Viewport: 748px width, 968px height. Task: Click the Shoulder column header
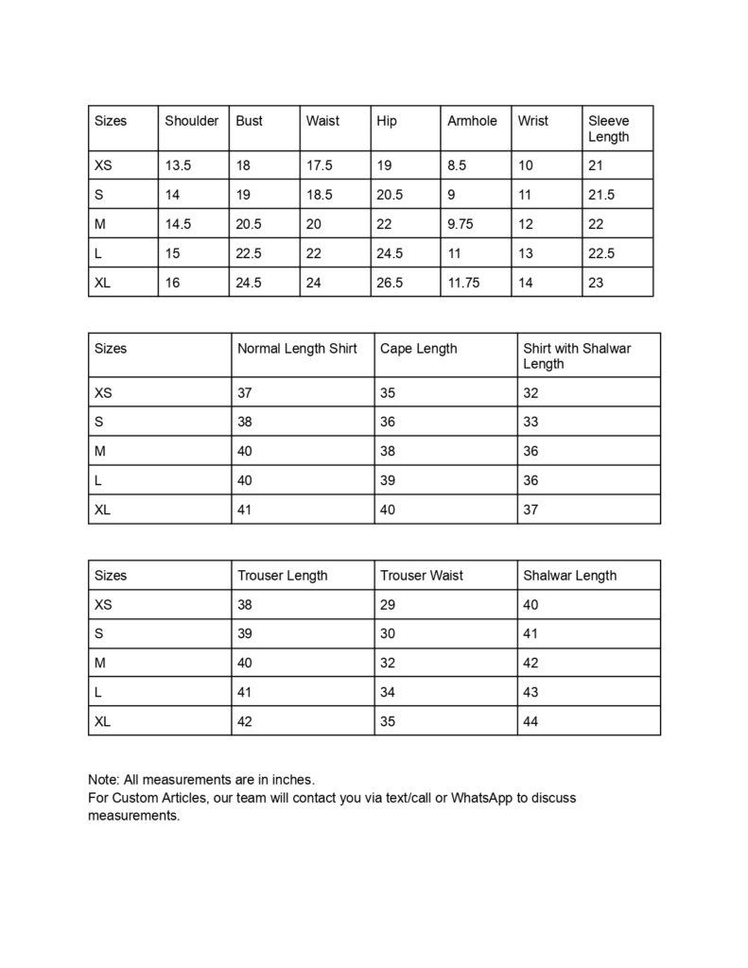coord(191,121)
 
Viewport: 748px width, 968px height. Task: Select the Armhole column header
coord(472,121)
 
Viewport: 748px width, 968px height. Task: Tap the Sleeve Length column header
coord(608,129)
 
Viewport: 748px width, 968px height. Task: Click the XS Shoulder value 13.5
coord(178,165)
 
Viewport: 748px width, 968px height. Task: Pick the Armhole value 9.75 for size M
coord(462,224)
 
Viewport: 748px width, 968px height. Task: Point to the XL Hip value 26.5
coord(390,283)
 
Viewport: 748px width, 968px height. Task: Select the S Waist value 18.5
coord(320,195)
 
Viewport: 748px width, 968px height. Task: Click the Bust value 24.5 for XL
coord(249,283)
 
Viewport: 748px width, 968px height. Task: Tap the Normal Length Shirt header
coord(297,349)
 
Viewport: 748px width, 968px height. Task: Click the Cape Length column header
coord(418,349)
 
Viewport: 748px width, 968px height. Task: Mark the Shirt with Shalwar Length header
coord(577,356)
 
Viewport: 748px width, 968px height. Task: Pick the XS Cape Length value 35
coord(388,392)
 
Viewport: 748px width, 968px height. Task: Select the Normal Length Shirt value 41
coord(245,510)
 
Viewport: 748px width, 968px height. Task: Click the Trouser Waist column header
coord(422,576)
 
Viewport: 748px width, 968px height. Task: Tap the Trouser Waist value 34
coord(388,693)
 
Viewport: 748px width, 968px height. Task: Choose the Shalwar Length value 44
coord(531,722)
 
